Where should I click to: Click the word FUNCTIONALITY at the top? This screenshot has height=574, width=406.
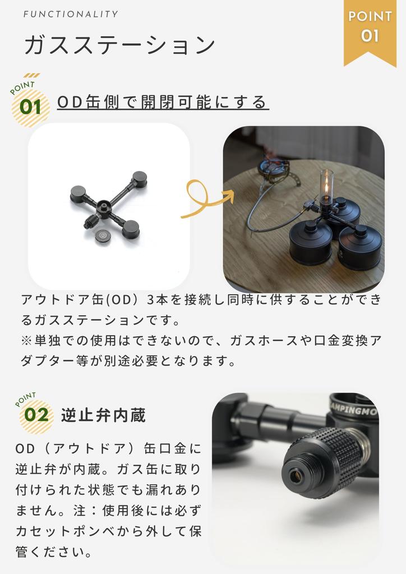click(71, 14)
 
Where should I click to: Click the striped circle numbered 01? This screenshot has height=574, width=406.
click(30, 107)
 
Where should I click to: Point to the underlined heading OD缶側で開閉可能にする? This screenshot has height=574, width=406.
click(163, 102)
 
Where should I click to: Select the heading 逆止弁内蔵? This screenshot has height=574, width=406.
click(103, 415)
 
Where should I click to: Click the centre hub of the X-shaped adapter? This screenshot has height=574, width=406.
click(104, 205)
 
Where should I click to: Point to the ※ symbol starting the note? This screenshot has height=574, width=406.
click(27, 341)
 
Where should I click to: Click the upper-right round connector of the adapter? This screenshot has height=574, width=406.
click(139, 179)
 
